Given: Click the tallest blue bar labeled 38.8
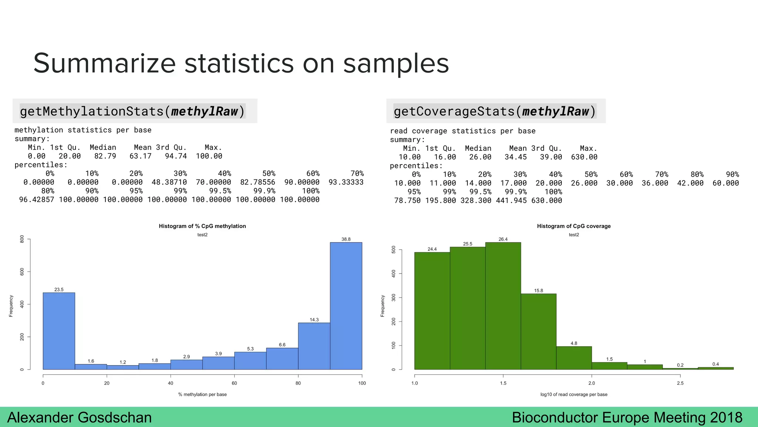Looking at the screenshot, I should point(346,306).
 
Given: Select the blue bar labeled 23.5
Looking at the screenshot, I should point(59,331).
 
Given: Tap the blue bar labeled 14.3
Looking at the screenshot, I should point(314,346).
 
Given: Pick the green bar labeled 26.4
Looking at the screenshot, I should point(503,306).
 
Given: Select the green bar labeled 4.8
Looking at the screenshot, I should point(574,358).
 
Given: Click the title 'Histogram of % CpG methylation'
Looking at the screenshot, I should point(202,226).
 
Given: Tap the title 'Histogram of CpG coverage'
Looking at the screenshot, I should point(574,226).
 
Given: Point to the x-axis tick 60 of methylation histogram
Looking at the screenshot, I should point(234,383).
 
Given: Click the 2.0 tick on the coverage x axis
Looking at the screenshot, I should point(592,383).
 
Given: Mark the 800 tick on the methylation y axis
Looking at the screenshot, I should point(22,239).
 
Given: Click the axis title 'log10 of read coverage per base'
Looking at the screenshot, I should point(574,394).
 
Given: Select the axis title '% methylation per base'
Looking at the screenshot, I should point(202,394).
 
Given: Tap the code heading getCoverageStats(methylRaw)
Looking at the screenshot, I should point(495,111).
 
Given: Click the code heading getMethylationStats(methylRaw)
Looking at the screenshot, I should point(133,111).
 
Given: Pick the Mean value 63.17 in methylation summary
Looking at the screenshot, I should point(141,156).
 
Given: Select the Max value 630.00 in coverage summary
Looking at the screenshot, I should point(584,157).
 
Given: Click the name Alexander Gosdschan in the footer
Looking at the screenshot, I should point(80,418).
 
